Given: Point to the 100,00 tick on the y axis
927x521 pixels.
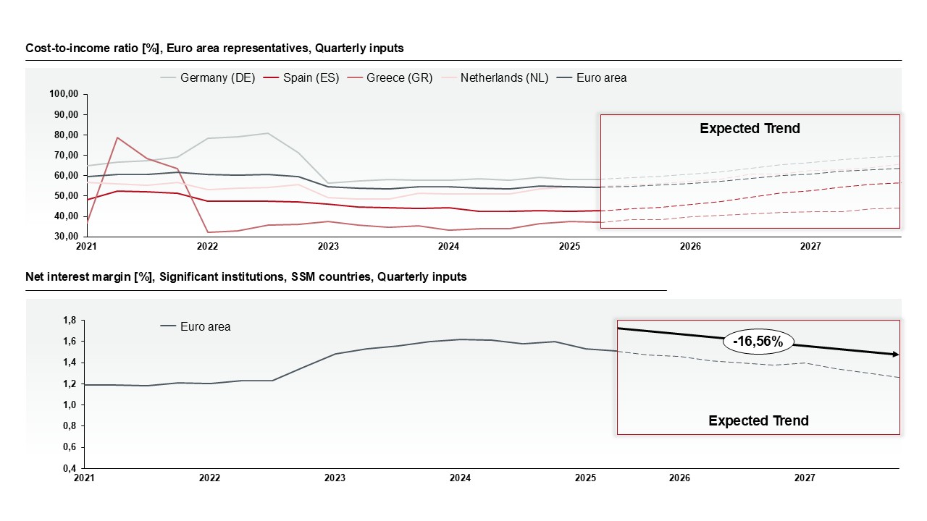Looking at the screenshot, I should [x=64, y=94].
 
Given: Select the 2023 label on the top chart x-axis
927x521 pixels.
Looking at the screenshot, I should [x=328, y=247].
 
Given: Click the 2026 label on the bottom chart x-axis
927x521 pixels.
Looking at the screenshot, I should [x=679, y=478].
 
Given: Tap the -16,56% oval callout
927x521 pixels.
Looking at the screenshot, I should [x=758, y=342].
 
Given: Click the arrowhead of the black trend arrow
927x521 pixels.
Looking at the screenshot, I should [x=896, y=354].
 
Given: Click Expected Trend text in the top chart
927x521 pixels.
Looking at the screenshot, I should [x=750, y=129].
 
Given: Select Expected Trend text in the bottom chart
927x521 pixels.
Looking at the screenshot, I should [x=758, y=421].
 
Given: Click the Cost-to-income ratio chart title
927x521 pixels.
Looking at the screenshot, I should [x=214, y=48].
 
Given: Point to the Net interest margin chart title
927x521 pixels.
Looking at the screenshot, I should [x=246, y=277].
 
